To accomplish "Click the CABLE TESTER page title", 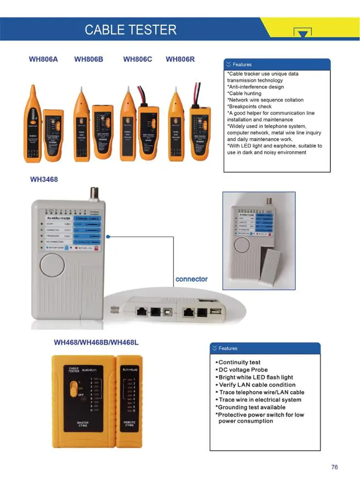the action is click(x=130, y=30).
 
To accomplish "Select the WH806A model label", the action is click(x=43, y=59).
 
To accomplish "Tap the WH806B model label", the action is click(x=88, y=59).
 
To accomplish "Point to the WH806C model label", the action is click(x=137, y=59).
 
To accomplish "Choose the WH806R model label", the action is click(x=180, y=59).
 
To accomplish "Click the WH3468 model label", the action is click(x=44, y=179).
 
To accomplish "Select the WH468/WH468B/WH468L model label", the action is click(x=96, y=342).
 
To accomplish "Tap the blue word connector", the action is click(x=191, y=279).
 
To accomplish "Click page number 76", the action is click(x=334, y=467).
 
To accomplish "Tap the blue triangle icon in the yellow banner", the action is click(x=302, y=33).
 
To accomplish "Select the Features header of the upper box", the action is click(x=242, y=65).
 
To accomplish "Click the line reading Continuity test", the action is click(x=239, y=362).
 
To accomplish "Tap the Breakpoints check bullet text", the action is click(x=250, y=106).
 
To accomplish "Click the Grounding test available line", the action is click(x=251, y=407).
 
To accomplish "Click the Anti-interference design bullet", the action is click(x=256, y=87).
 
